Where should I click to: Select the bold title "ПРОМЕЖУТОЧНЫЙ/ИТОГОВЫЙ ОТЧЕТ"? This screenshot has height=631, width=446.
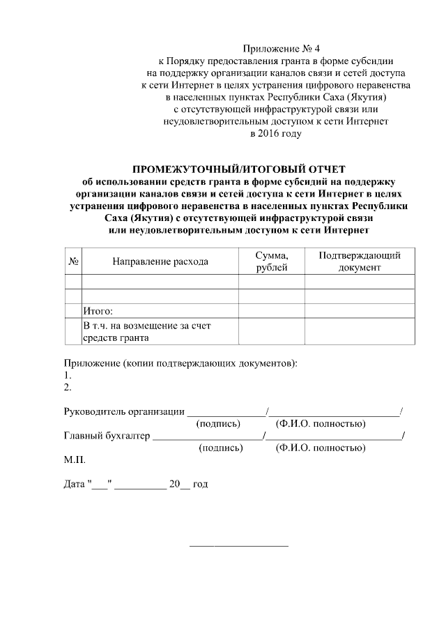tap(239, 169)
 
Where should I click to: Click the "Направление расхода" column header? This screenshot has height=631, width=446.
tap(160, 261)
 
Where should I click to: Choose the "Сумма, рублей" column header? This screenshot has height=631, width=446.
tap(271, 261)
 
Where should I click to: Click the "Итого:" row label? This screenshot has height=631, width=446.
tap(98, 311)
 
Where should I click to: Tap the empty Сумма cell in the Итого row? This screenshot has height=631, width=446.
tap(271, 311)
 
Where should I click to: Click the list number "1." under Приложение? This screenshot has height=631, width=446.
tap(68, 375)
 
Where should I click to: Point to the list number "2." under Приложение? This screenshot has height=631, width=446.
tap(68, 387)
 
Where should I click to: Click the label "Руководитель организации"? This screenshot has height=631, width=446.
tap(124, 411)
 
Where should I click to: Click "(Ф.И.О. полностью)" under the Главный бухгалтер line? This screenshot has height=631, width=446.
tap(321, 448)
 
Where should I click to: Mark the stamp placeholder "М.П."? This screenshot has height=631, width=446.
tap(75, 461)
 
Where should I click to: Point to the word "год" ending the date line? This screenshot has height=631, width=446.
tap(199, 484)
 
